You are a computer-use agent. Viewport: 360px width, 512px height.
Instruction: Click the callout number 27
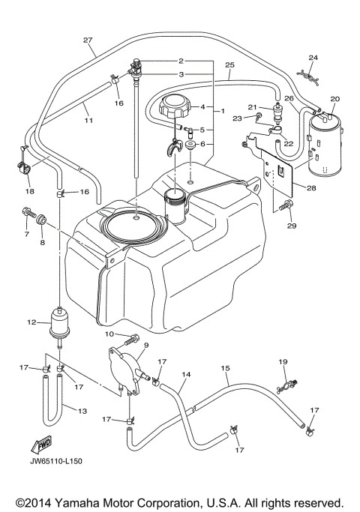pos(88,40)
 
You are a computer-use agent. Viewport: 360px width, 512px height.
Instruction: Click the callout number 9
pos(145,346)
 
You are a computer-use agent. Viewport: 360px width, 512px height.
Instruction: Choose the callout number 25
pos(230,65)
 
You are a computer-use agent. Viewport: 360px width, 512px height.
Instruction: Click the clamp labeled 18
pos(28,166)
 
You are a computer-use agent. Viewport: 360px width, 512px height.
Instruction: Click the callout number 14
pos(187,374)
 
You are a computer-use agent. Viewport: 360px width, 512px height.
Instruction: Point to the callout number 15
pos(225,368)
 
